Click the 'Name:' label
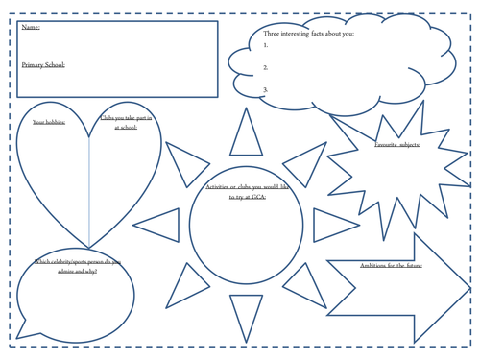pos(31,28)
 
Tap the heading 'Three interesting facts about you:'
pos(308,34)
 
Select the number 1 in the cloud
pos(265,45)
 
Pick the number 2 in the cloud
pos(265,67)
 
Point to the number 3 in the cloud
pos(265,89)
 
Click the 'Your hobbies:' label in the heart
pos(49,122)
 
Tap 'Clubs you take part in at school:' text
pos(126,122)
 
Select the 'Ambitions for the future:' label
pos(391,266)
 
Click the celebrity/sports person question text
pos(78,266)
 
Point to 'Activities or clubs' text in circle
pos(236,190)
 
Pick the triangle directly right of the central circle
pos(331,226)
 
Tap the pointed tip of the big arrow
pos(468,287)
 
